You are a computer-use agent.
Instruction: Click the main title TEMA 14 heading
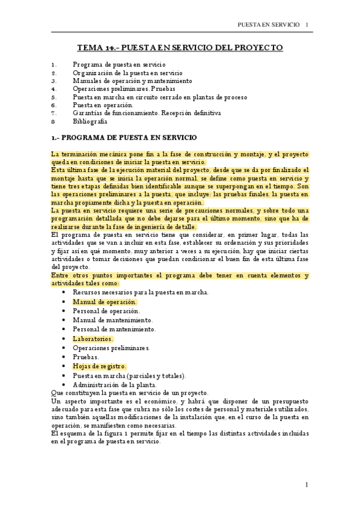[180, 48]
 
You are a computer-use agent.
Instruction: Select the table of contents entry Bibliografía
[90, 121]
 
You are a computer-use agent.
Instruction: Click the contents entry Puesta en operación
[103, 105]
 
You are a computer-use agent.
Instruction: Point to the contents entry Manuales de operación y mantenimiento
[132, 80]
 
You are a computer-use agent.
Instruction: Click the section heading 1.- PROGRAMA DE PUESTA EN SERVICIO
[120, 138]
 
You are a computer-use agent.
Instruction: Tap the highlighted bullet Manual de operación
[105, 302]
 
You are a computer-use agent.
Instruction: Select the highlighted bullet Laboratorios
[93, 339]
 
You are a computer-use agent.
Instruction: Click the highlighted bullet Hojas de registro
[99, 366]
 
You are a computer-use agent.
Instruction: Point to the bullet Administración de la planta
[114, 384]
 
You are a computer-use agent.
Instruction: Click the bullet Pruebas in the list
[86, 357]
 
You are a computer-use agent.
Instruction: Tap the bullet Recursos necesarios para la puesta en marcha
[141, 292]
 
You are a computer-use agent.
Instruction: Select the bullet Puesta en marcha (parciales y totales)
[129, 375]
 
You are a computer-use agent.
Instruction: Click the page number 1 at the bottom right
[306, 484]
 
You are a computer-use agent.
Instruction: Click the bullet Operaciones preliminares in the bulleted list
[111, 348]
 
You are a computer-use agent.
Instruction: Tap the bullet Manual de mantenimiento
[112, 320]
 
